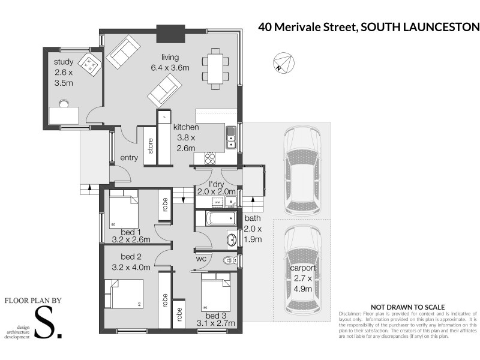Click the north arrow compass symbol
283,62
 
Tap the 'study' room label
64,62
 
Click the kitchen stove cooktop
211,158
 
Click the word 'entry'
130,158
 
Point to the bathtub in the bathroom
215,218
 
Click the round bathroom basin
230,240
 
